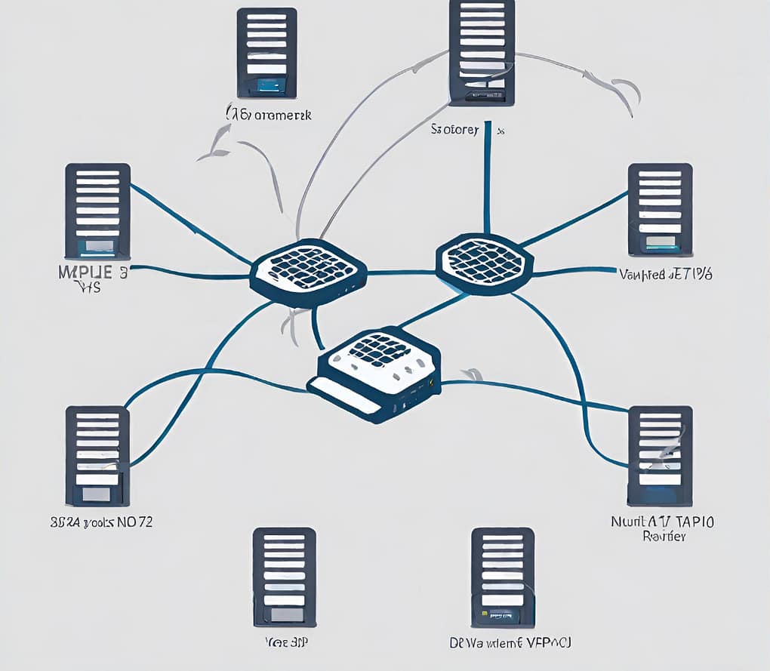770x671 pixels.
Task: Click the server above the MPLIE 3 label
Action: [x=97, y=211]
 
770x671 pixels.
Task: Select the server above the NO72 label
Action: [x=97, y=456]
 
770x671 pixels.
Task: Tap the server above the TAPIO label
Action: [x=660, y=455]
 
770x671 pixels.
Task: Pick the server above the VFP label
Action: [x=502, y=577]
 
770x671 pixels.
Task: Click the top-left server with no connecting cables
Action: [x=266, y=52]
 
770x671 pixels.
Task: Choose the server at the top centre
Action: [x=482, y=52]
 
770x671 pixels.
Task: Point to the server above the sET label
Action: [x=660, y=209]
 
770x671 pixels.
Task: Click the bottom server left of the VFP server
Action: [x=284, y=577]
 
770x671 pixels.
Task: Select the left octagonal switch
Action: [x=308, y=272]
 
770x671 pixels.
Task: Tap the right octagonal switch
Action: [x=485, y=263]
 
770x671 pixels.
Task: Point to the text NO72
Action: [x=134, y=522]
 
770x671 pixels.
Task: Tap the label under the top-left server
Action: [x=269, y=115]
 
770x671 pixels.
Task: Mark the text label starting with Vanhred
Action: [x=665, y=274]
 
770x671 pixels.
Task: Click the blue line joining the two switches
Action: [x=402, y=272]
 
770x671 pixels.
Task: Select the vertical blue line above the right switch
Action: [x=487, y=177]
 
